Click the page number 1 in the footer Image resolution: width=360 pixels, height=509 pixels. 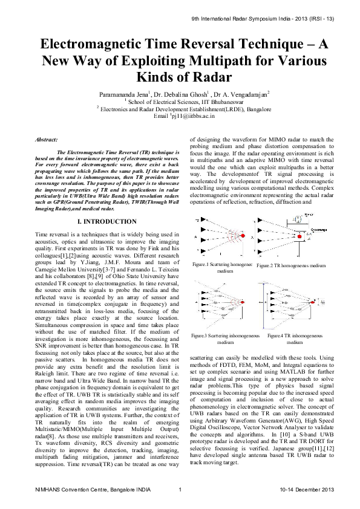point(180,489)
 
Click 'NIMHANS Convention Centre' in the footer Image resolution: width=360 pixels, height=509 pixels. point(69,489)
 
